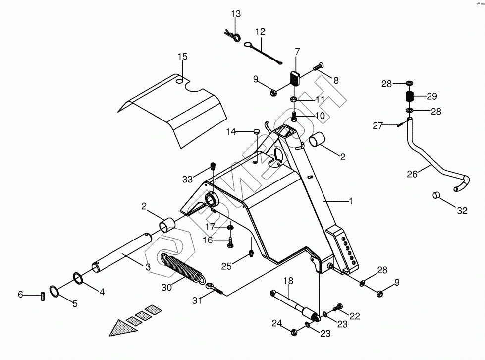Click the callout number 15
tap(183, 57)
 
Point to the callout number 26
tap(412, 174)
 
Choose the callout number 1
tap(350, 201)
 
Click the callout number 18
tap(286, 281)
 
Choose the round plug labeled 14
tap(256, 131)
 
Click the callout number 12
tap(261, 32)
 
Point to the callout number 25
tap(226, 266)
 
